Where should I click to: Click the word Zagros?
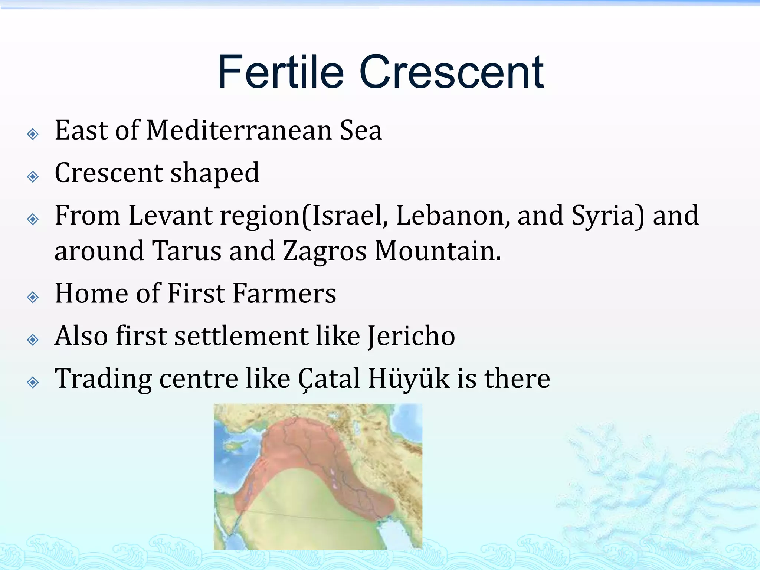(325, 251)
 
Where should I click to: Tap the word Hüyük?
(409, 379)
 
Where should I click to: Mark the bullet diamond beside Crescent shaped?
(33, 176)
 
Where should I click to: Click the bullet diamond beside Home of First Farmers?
(33, 297)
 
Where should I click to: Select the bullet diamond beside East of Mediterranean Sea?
(33, 134)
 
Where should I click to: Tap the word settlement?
(241, 336)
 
